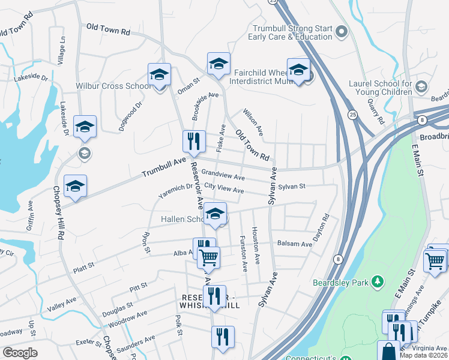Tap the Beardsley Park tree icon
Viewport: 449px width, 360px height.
click(378, 281)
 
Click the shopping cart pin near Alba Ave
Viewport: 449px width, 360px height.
click(209, 257)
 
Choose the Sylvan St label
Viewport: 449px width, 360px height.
click(291, 187)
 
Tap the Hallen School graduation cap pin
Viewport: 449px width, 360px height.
click(215, 213)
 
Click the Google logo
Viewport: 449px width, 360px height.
click(20, 353)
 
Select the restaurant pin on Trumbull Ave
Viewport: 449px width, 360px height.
click(194, 142)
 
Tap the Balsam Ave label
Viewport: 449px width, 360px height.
click(295, 244)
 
